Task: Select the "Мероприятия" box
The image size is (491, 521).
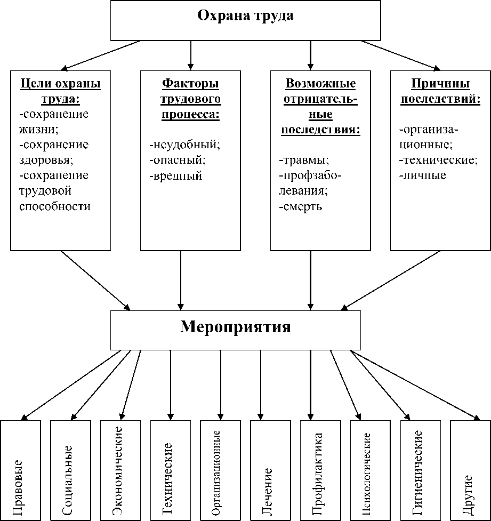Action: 235,327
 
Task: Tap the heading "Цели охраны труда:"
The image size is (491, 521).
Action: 61,91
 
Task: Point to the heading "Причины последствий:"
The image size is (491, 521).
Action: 440,91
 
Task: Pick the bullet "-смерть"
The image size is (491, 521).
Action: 300,206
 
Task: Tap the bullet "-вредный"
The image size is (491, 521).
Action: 176,175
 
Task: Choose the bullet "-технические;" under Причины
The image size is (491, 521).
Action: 437,159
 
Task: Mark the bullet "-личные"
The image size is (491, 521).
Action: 423,175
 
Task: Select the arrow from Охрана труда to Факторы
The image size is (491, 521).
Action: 191,53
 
